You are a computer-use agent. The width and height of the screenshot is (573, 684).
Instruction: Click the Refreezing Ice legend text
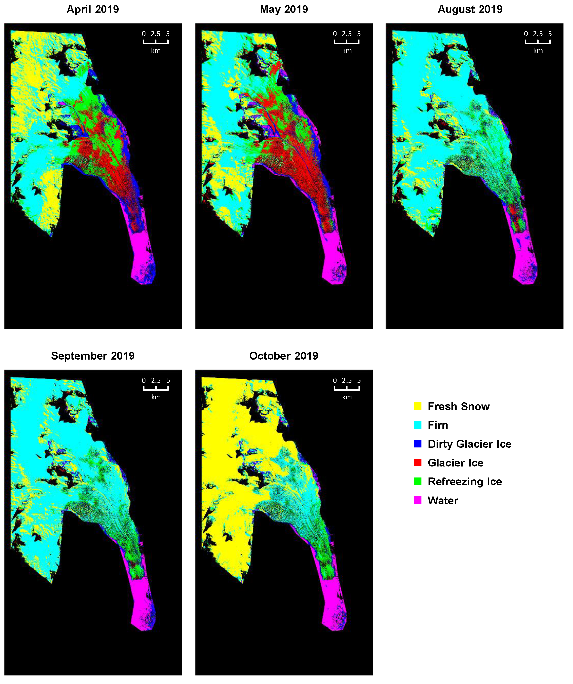pyautogui.click(x=465, y=481)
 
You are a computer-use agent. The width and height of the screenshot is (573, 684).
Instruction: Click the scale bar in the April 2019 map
pyautogui.click(x=156, y=42)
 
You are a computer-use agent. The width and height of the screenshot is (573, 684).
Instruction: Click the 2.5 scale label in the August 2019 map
pyautogui.click(x=538, y=34)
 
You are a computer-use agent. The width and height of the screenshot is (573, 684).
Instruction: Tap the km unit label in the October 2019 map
pyautogui.click(x=347, y=397)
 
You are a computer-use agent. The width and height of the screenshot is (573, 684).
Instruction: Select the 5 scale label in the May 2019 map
pyautogui.click(x=359, y=34)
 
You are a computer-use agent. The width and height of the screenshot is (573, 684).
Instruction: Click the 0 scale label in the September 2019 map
pyautogui.click(x=143, y=380)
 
